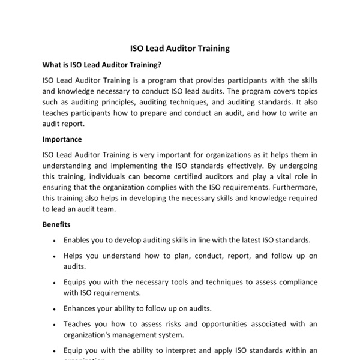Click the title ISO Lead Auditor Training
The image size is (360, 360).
[x=180, y=48]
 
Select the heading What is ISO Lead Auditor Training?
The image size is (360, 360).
[x=101, y=64]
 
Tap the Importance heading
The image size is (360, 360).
[x=62, y=139]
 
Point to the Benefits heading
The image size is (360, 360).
[x=56, y=224]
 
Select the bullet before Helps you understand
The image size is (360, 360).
[x=55, y=256]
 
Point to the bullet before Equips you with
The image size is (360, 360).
[x=55, y=282]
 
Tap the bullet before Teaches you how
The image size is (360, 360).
[x=55, y=325]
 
